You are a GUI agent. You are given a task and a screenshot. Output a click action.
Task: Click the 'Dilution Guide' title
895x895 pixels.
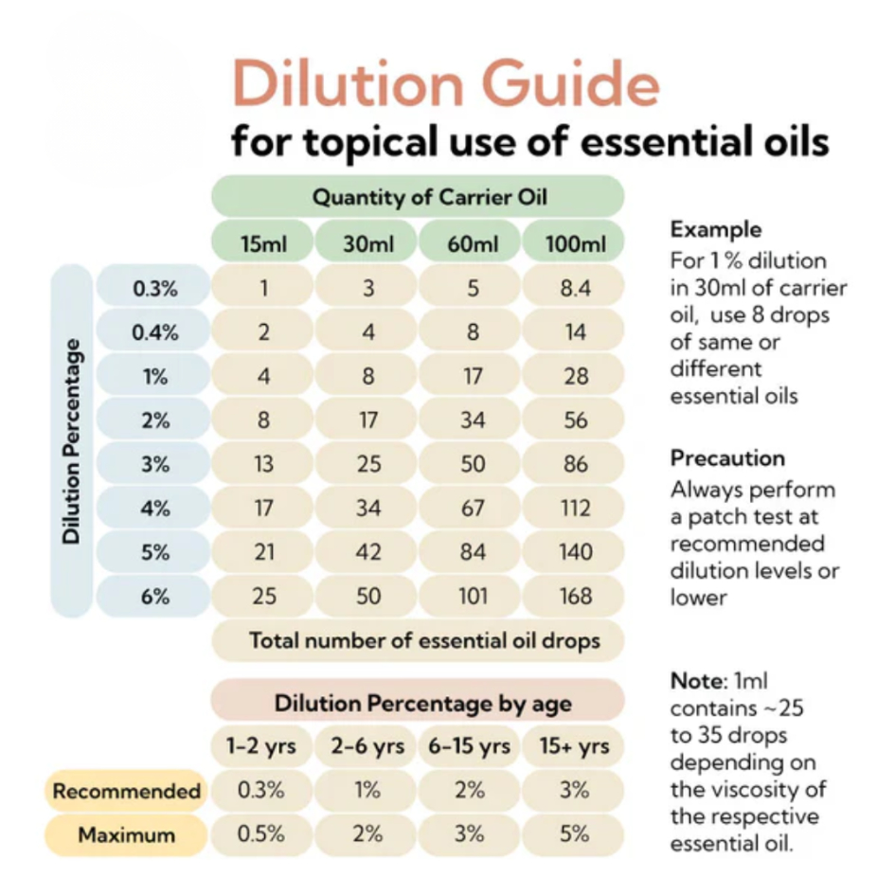coord(445,83)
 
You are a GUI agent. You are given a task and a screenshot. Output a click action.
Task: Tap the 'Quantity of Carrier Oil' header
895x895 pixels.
coord(417,197)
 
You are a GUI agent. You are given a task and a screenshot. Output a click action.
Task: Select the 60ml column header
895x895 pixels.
coord(472,243)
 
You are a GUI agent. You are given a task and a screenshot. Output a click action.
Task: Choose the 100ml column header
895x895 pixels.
coord(575,243)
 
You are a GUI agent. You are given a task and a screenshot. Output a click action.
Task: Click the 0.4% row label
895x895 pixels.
coord(154,332)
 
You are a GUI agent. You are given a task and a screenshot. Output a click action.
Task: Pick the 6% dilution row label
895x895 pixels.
coord(154,597)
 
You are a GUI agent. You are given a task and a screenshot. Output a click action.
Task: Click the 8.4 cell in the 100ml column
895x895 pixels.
coord(575,289)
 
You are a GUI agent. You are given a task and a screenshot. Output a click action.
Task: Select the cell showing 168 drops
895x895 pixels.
coord(575,597)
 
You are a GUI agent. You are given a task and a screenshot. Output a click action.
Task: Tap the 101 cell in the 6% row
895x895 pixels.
coord(472,597)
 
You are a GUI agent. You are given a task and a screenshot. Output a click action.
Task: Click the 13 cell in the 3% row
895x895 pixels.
coord(264,465)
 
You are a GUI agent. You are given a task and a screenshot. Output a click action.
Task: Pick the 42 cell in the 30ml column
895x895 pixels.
coord(367,553)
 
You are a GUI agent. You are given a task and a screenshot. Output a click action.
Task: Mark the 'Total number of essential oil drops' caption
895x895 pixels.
coord(424,640)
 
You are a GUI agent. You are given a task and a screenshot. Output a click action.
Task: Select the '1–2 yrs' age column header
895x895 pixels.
coord(261,746)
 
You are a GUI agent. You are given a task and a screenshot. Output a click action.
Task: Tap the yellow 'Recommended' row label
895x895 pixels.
coord(126,791)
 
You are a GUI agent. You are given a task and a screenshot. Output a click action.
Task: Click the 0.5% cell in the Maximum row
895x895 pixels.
coord(261,834)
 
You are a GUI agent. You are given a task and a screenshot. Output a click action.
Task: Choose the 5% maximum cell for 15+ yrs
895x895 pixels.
coord(574,834)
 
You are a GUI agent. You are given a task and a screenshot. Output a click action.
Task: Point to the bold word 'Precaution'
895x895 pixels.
coord(727,458)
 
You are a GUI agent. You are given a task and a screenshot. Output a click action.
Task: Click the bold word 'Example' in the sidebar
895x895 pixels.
coord(715,229)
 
